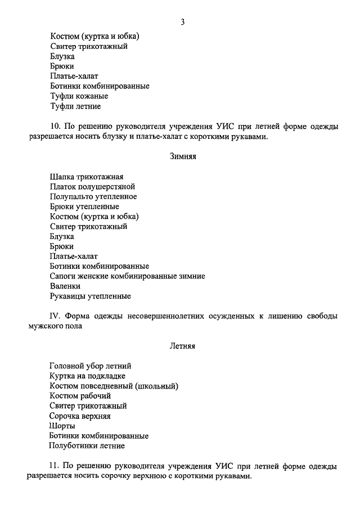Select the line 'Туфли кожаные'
[x=79, y=96]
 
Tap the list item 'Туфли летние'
[x=75, y=106]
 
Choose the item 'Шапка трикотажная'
[x=86, y=177]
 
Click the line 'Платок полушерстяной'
[x=92, y=187]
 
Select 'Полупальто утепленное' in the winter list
[x=93, y=196]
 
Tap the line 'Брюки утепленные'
[x=84, y=206]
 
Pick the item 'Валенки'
[x=65, y=286]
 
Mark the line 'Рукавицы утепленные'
[x=90, y=296]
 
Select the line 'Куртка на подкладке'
[x=87, y=376]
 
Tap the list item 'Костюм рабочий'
[x=79, y=395]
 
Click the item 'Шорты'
[x=62, y=426]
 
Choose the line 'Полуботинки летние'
[x=87, y=445]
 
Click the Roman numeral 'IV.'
[x=55, y=316]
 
